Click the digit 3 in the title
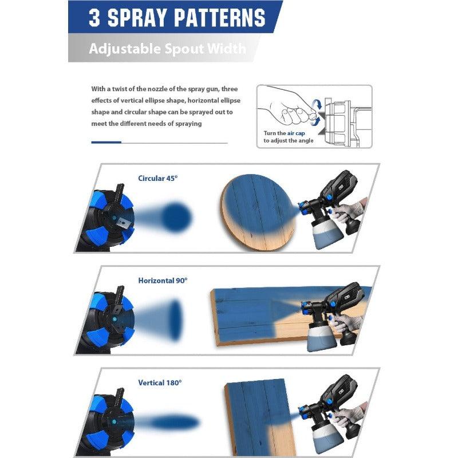94,18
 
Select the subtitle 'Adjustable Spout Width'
167,48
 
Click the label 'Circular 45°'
158,178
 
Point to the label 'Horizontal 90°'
163,281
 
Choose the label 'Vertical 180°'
160,382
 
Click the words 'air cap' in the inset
296,133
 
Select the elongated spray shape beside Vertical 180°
175,423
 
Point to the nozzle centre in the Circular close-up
114,218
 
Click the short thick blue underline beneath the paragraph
106,142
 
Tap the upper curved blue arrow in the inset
317,105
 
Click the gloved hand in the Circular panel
349,208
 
